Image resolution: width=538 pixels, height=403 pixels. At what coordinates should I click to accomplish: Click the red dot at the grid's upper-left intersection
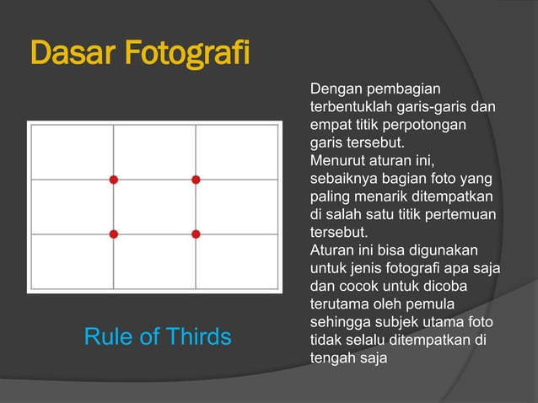click(113, 179)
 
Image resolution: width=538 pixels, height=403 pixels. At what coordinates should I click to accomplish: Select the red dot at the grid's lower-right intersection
click(196, 234)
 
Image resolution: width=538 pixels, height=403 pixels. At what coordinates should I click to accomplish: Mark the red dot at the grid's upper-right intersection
click(196, 179)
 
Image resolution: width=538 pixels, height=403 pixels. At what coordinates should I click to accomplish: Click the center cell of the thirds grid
click(154, 207)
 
